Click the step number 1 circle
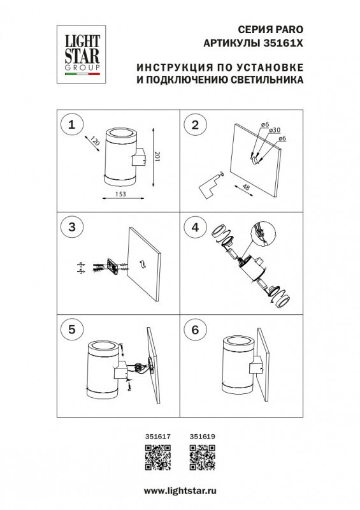tap(71, 125)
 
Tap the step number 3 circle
tap(71, 226)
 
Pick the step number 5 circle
tap(71, 329)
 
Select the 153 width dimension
tap(120, 193)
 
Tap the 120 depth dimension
tap(95, 143)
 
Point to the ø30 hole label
tap(275, 130)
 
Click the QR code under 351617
tap(158, 458)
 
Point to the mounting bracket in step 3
tap(112, 266)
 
